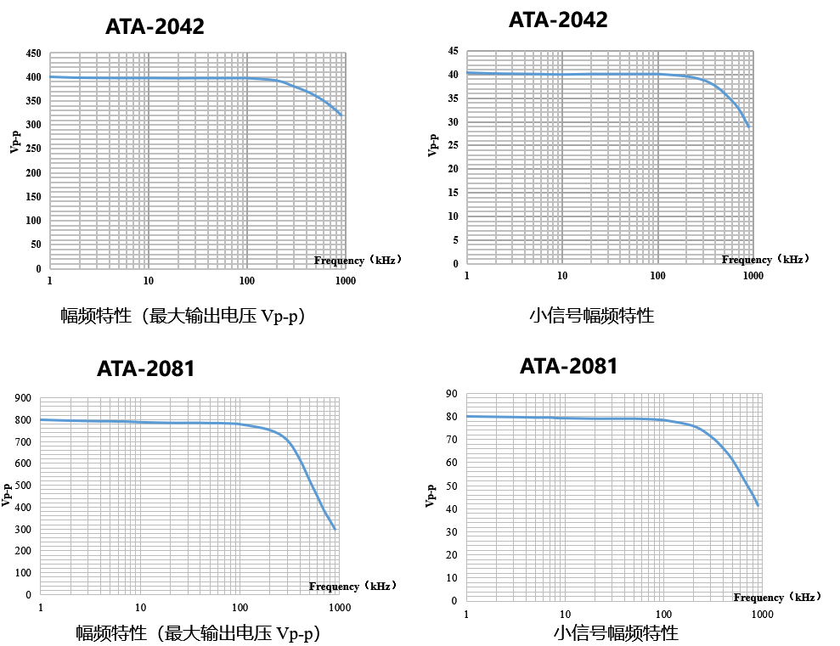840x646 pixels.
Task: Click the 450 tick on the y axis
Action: point(33,53)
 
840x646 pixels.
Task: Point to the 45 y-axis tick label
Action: point(454,52)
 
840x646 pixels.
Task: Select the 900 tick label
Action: point(23,398)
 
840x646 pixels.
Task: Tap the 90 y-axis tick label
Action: point(451,394)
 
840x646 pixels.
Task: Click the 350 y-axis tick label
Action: point(33,101)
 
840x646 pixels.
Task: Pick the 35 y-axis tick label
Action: point(454,98)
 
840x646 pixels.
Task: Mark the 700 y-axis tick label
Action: point(23,442)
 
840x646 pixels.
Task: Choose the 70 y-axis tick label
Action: point(451,440)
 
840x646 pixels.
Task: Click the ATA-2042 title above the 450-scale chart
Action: point(155,27)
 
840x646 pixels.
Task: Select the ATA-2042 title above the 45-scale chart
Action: point(558,20)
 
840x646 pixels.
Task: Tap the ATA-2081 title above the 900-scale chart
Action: point(146,369)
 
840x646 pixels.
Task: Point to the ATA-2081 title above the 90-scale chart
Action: point(568,367)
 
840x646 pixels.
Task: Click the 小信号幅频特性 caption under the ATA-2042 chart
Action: point(591,316)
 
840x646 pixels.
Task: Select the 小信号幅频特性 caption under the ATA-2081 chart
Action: point(616,633)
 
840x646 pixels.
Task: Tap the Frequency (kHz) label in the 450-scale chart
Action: point(357,261)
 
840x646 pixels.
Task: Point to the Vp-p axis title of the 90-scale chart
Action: point(431,496)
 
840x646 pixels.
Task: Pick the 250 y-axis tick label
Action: point(33,149)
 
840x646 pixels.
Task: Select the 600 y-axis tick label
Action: point(23,464)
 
